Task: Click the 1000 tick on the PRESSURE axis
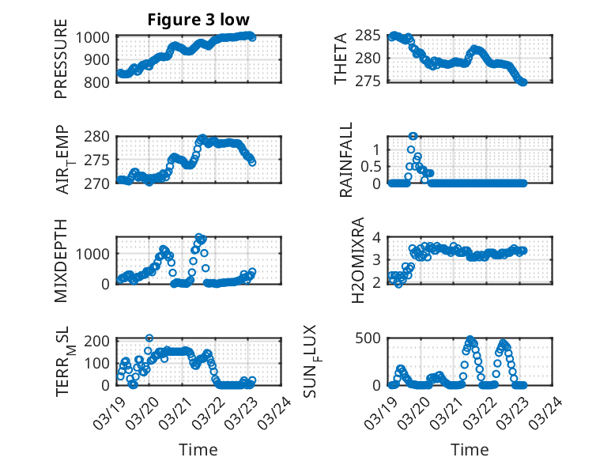pos(93,36)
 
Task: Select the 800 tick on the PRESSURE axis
pos(98,81)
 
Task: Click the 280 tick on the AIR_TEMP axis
pos(98,137)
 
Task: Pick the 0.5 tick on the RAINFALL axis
pos(371,166)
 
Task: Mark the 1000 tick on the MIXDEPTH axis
pos(93,254)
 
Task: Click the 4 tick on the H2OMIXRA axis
pos(378,237)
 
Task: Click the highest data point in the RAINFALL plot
pos(413,135)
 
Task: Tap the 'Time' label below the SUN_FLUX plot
pos(470,450)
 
